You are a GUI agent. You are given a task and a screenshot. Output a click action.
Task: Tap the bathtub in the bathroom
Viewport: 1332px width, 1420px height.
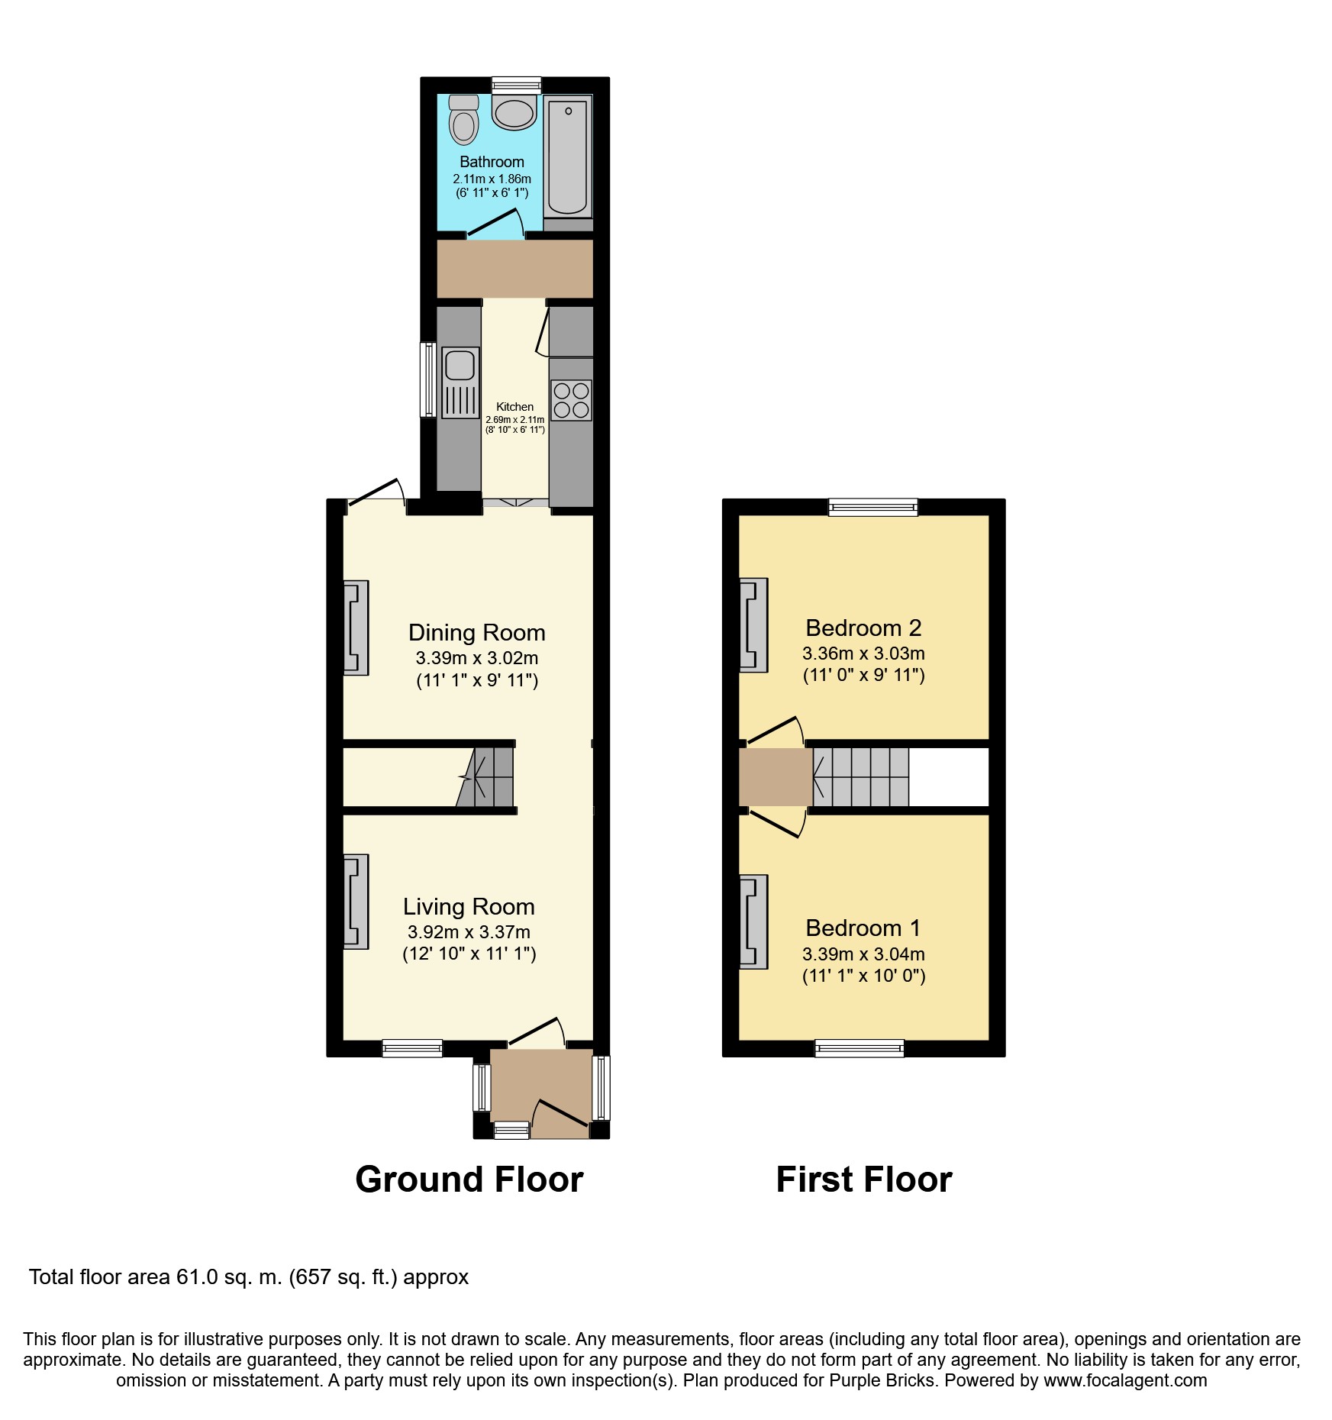[569, 156]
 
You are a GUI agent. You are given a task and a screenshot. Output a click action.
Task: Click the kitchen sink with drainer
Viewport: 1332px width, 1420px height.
[460, 382]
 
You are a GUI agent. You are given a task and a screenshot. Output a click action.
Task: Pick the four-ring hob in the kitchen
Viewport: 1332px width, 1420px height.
[571, 400]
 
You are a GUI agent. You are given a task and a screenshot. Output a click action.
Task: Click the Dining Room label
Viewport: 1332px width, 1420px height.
[476, 632]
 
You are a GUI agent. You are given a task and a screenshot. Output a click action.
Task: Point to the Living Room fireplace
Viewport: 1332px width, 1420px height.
[356, 901]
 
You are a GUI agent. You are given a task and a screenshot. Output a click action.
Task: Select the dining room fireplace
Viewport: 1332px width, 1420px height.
[356, 628]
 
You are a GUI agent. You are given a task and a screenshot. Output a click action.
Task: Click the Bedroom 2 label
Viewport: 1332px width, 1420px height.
[863, 628]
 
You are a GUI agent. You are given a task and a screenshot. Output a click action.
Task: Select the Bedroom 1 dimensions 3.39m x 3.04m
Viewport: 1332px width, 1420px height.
[863, 954]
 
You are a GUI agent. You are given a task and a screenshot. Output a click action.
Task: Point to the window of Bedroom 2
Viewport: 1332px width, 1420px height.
[873, 507]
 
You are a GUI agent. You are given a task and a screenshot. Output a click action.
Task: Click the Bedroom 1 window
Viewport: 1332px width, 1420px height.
[860, 1048]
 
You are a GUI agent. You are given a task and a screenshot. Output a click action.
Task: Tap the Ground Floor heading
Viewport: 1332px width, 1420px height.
[469, 1180]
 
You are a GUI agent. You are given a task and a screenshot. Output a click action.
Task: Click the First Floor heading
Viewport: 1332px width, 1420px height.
[863, 1180]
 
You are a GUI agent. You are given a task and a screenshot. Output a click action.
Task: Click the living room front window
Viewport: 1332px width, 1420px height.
[412, 1048]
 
